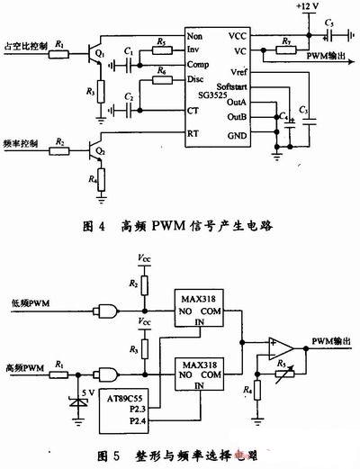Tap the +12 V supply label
309,9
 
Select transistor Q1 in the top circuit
94,53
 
